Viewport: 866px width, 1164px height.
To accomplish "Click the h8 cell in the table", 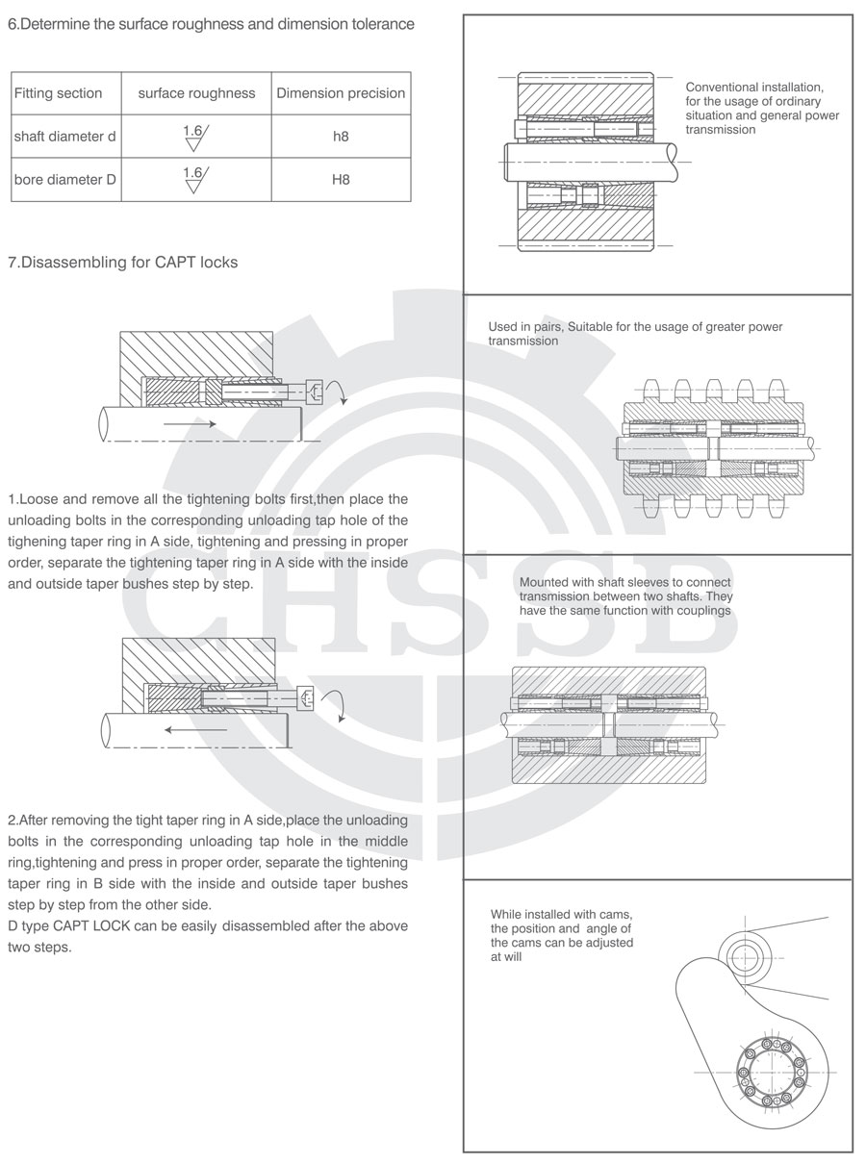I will pyautogui.click(x=341, y=137).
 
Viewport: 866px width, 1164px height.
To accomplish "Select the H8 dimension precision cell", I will pyautogui.click(x=341, y=180).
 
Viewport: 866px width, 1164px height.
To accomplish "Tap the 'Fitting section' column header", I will pyautogui.click(x=58, y=93).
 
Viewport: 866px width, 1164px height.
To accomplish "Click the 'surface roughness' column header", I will pyautogui.click(x=197, y=93).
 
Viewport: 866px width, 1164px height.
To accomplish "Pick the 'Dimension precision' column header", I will pyautogui.click(x=341, y=93).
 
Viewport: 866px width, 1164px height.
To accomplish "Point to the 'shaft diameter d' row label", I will pyautogui.click(x=64, y=137).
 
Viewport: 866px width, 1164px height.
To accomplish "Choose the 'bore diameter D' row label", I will pyautogui.click(x=64, y=180).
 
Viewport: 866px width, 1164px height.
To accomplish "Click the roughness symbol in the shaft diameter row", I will pyautogui.click(x=195, y=137).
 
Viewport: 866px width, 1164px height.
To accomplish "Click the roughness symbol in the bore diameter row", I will pyautogui.click(x=195, y=179).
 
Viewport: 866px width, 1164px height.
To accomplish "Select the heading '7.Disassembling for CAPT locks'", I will pyautogui.click(x=122, y=262).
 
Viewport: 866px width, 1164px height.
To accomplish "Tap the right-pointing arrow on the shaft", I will pyautogui.click(x=189, y=422).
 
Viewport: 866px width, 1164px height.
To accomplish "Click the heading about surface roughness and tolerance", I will pyautogui.click(x=211, y=25).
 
